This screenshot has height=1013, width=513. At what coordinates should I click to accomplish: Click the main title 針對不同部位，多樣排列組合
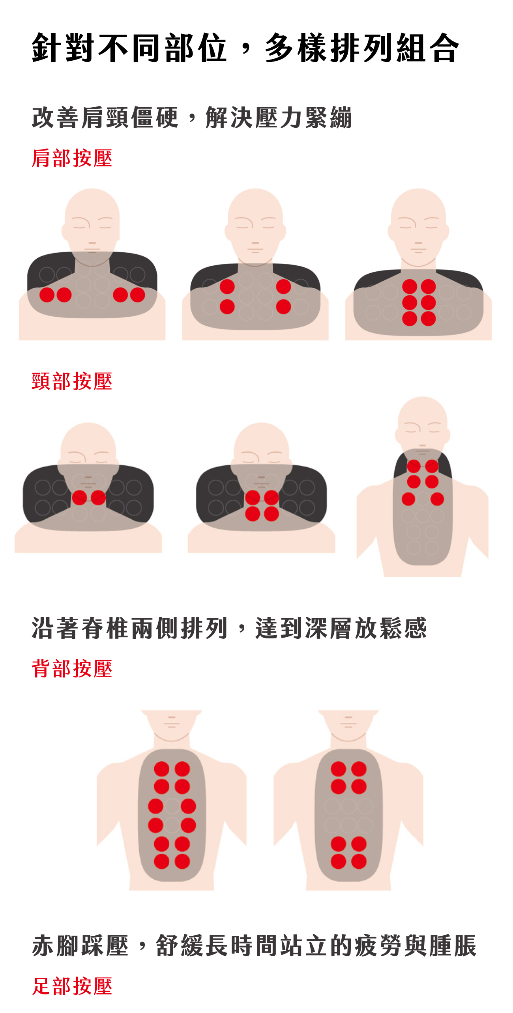point(245,48)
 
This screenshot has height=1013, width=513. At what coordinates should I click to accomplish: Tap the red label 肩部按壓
point(72,158)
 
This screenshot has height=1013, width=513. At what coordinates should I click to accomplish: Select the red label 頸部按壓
point(72,381)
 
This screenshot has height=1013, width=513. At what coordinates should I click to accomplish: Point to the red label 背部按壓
point(72,669)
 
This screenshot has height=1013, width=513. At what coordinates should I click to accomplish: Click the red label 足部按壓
point(72,986)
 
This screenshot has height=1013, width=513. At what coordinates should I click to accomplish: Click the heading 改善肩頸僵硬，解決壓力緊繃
point(192,118)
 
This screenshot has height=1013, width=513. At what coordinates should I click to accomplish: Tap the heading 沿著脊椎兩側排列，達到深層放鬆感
point(229,628)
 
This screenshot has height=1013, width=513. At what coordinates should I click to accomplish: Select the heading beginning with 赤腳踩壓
point(255,945)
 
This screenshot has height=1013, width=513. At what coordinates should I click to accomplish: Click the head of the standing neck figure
point(423,426)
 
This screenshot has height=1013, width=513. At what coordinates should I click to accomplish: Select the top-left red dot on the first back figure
point(162,769)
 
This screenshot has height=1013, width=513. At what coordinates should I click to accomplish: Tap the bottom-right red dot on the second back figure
point(359,861)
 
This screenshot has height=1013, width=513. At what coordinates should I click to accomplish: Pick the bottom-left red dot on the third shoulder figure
point(410,319)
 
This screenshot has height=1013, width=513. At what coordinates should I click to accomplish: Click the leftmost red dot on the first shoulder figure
point(47,295)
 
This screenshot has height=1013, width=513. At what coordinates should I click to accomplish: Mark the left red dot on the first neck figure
point(79,498)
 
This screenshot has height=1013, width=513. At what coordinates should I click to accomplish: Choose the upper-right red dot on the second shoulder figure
point(283,287)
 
